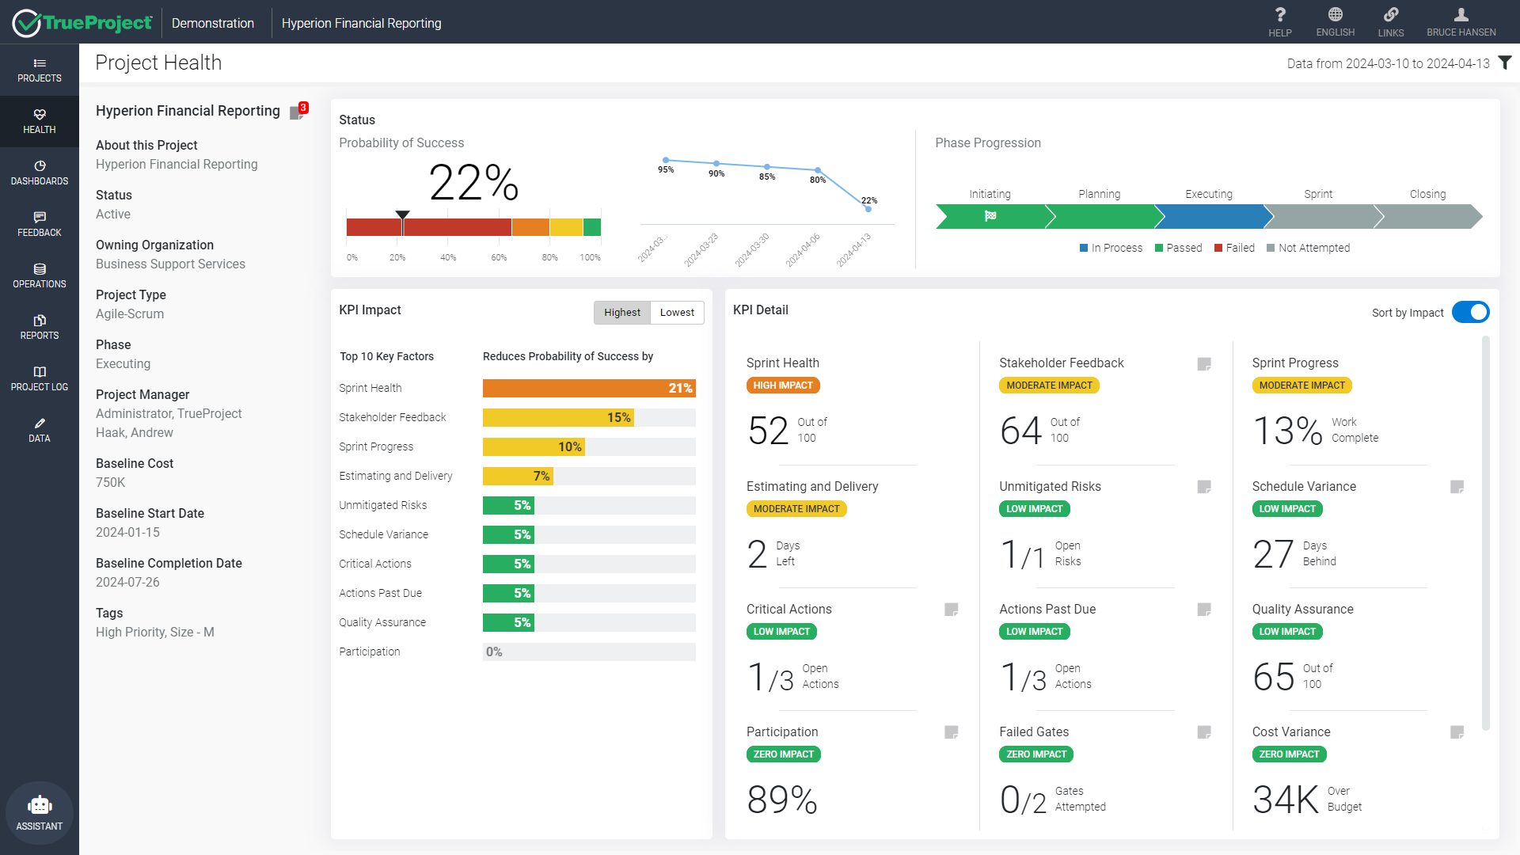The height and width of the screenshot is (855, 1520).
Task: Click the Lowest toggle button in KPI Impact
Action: [x=677, y=313]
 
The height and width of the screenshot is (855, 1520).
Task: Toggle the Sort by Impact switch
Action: [x=1470, y=313]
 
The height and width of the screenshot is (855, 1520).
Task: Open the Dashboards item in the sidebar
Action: [x=40, y=172]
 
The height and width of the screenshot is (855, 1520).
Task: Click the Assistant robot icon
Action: [x=40, y=806]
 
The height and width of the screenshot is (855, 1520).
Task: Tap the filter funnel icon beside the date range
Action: [x=1505, y=63]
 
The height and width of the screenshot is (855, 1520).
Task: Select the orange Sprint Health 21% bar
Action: [x=588, y=388]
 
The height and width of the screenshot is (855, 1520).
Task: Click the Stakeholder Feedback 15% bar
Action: [x=557, y=417]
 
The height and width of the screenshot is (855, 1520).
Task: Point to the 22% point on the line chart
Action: [x=868, y=209]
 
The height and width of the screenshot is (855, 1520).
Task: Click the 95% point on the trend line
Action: [x=666, y=160]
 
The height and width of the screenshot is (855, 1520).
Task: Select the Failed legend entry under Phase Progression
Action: [x=1234, y=248]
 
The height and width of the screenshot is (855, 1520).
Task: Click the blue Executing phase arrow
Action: [x=1209, y=216]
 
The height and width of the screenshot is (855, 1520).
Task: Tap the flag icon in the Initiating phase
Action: [x=990, y=216]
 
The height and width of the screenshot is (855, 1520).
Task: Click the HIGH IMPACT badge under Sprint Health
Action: [x=782, y=386]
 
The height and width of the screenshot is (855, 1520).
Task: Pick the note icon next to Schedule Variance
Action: [x=1457, y=487]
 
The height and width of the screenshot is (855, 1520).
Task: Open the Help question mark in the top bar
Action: [x=1279, y=21]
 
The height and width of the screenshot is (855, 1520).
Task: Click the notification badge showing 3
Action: [x=303, y=108]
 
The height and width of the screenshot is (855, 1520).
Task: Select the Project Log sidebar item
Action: [x=40, y=378]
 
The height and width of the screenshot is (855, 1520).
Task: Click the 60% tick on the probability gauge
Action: [x=499, y=257]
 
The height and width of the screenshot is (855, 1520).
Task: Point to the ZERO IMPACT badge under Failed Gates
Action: [x=1035, y=754]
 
